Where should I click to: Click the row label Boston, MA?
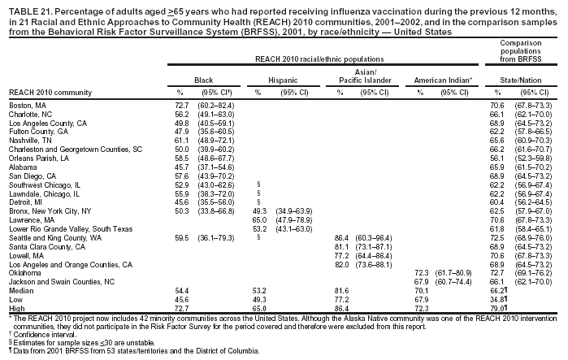[x=28, y=106]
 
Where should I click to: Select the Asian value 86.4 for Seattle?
[x=343, y=236]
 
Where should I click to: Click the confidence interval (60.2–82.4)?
[x=217, y=106]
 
